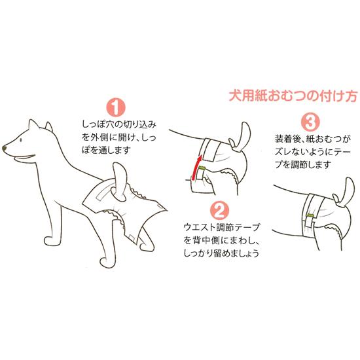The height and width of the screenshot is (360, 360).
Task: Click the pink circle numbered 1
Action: point(116,107)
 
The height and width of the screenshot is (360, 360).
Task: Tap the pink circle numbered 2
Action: point(220,210)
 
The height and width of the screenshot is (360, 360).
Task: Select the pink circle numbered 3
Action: point(310,122)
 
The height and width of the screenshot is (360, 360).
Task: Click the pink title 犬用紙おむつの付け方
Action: point(293,96)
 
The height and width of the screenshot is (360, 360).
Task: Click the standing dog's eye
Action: point(21,140)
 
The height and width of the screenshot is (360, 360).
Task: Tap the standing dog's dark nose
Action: point(5,148)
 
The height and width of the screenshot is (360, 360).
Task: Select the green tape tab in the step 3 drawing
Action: point(311,215)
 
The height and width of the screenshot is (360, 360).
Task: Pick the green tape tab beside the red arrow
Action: point(202,168)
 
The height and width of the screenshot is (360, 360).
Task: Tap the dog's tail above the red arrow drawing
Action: point(240,137)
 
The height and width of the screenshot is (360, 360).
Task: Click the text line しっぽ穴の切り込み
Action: point(119,125)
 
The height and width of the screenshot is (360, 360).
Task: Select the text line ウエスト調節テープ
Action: point(221,228)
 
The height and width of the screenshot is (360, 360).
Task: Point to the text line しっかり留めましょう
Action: point(221,253)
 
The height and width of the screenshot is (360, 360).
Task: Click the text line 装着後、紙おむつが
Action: point(313,139)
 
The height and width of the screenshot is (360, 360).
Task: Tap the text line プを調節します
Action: point(304,164)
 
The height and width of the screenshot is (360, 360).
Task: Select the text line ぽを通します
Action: point(107,151)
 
